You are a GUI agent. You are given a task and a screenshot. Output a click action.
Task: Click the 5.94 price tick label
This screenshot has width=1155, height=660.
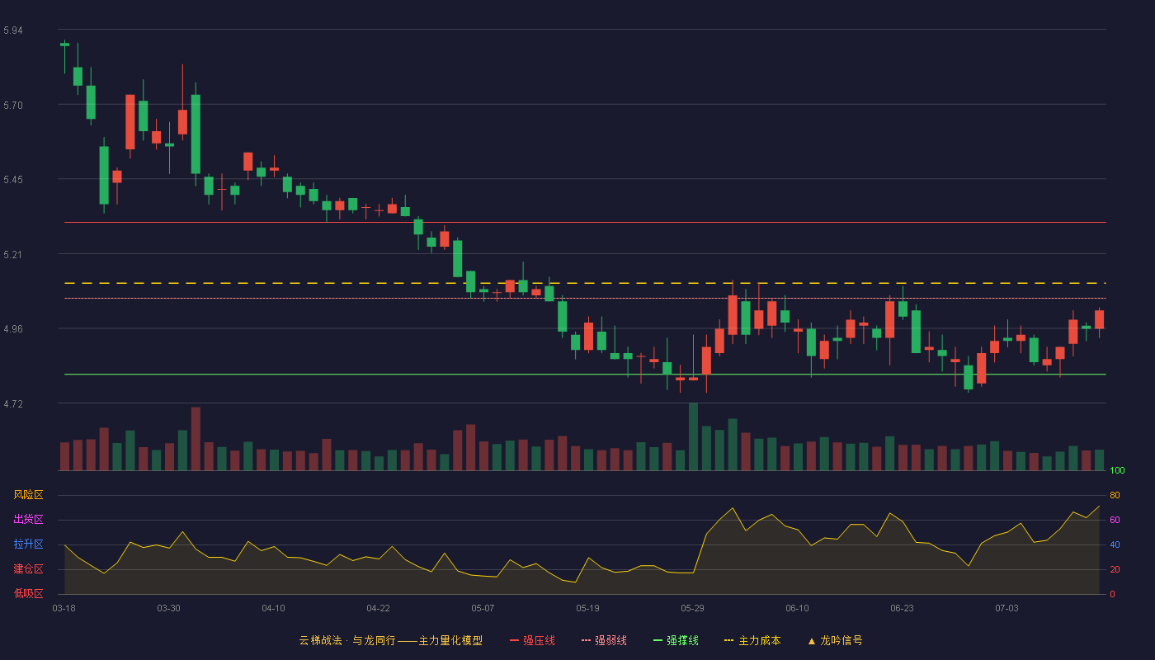click(13, 31)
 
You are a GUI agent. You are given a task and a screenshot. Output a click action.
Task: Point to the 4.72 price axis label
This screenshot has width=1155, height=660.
click(13, 404)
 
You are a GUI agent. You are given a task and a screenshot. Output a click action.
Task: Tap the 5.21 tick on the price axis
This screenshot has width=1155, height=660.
click(13, 255)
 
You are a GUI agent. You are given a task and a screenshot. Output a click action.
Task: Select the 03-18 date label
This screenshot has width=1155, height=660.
click(64, 609)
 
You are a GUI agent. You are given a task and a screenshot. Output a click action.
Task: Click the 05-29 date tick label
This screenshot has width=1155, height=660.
click(692, 609)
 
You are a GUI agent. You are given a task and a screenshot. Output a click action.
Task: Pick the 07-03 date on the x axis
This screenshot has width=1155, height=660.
click(1007, 609)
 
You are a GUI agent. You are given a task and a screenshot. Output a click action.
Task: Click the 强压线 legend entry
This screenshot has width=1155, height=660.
click(532, 640)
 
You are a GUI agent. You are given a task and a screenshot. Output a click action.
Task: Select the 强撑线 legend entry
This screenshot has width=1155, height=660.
click(676, 640)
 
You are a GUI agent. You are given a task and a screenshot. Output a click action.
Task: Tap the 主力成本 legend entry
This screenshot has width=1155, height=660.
click(752, 640)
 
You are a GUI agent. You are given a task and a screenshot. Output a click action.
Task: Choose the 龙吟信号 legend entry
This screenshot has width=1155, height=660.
click(835, 640)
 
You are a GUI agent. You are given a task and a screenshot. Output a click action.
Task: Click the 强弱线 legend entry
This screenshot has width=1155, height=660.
click(604, 640)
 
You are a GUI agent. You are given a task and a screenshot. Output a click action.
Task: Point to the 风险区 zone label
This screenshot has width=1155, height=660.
click(28, 495)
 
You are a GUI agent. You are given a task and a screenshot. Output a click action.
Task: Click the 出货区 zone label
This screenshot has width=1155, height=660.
click(28, 519)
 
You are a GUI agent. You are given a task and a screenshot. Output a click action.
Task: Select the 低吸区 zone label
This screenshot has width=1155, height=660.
click(28, 593)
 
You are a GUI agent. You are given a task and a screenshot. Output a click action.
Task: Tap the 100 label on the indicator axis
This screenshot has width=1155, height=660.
click(1117, 470)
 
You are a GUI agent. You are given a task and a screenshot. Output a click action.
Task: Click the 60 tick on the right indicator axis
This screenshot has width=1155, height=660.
click(1115, 520)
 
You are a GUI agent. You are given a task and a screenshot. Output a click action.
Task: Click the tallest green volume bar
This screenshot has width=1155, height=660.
click(694, 436)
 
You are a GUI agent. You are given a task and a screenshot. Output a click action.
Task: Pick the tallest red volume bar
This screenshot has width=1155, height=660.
click(196, 439)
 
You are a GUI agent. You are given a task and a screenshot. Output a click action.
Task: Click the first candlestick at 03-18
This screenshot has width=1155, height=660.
click(64, 45)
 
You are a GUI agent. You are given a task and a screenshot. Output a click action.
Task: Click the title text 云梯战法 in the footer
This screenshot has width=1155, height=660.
click(320, 640)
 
